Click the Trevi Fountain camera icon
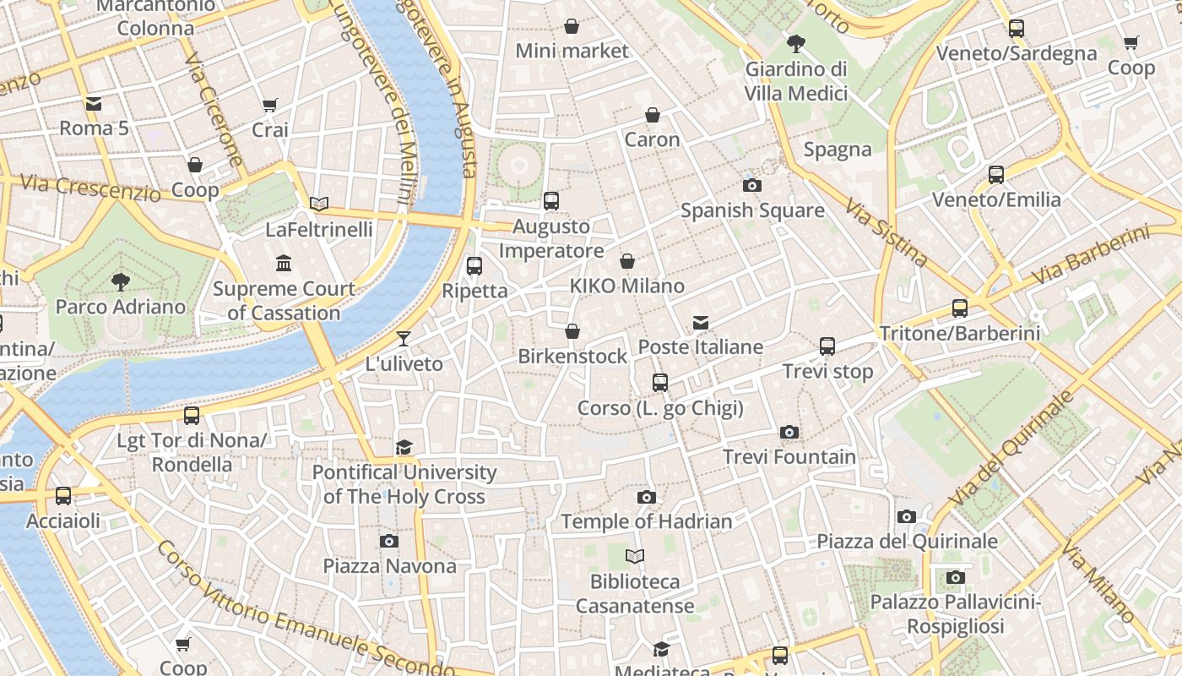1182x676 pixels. [789, 433]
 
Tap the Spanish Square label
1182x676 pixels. [752, 210]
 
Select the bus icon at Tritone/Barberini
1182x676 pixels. [959, 308]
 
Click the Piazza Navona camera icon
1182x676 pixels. [388, 541]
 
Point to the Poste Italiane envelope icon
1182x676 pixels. [700, 323]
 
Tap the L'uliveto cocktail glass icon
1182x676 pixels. [404, 339]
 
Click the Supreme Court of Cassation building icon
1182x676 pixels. [284, 264]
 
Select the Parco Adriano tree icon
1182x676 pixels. [121, 281]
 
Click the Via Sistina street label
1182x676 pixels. [886, 232]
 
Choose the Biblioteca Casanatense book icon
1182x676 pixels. [634, 556]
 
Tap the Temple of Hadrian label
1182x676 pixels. [647, 521]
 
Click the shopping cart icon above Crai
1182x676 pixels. [269, 106]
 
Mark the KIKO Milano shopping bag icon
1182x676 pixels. [626, 262]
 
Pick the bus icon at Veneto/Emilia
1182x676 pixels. [996, 175]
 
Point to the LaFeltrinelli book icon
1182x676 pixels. [318, 204]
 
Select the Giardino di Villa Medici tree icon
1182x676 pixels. [795, 44]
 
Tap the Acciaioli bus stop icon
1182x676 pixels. [63, 496]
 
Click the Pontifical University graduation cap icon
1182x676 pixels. [404, 447]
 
